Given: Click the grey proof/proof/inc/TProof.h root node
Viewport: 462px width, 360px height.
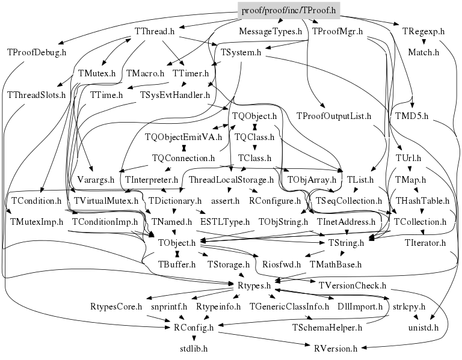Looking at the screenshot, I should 288,10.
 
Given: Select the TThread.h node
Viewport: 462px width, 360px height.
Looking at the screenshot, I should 155,31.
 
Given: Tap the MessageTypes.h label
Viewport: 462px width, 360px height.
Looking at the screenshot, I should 270,31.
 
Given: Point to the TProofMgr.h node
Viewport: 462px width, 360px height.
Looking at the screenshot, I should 337,31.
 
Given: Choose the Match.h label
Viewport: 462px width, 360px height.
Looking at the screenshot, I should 423,52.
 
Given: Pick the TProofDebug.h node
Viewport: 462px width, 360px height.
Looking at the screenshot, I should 37,52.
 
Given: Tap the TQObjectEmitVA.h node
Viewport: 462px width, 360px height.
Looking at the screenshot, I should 177,136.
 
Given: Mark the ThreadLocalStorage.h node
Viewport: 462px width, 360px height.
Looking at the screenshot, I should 232,180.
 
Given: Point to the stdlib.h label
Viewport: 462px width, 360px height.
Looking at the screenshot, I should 193,348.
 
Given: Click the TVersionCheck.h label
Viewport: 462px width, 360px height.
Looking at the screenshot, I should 353,285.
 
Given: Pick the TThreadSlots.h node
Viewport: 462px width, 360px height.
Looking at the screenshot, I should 36,95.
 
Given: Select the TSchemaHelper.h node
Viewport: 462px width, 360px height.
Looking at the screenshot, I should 327,328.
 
